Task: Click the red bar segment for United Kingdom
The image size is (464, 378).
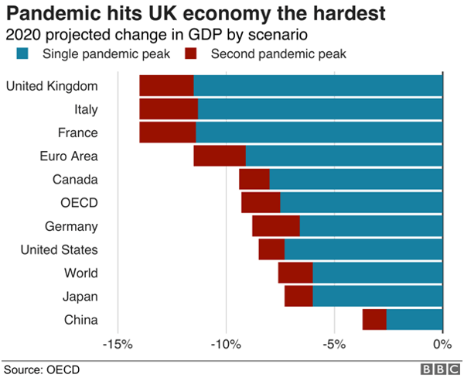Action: (x=166, y=86)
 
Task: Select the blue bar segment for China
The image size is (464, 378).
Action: (x=415, y=319)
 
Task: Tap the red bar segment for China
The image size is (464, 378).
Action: (x=374, y=319)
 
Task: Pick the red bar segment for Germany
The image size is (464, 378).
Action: (x=276, y=226)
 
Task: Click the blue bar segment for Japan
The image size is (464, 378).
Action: (x=377, y=296)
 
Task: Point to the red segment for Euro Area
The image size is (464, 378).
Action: (x=220, y=156)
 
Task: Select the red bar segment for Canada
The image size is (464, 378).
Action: (x=254, y=180)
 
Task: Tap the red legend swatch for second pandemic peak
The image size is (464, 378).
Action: (x=191, y=53)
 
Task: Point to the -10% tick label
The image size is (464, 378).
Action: (x=225, y=344)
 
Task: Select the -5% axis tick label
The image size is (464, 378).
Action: (x=333, y=344)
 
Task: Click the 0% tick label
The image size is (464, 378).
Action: (x=442, y=344)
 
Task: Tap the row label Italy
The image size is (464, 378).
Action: (x=86, y=109)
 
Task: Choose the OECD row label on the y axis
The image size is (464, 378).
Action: (x=81, y=203)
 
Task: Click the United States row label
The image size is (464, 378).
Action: (x=59, y=249)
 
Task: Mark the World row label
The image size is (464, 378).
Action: (x=81, y=273)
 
